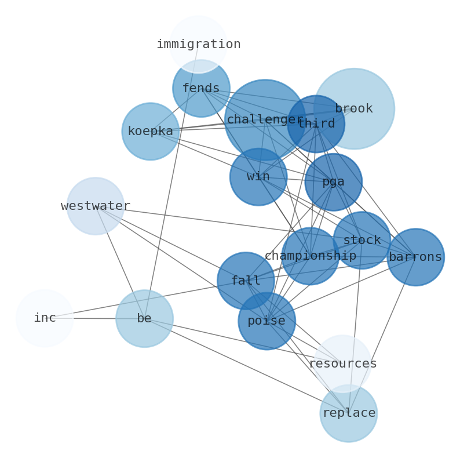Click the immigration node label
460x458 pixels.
[x=198, y=45]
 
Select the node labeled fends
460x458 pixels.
[x=201, y=89]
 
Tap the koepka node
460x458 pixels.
[x=150, y=132]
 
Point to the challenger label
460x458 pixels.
[x=265, y=120]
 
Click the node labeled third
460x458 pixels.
[x=316, y=124]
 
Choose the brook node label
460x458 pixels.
[x=354, y=109]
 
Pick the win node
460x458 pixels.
[x=258, y=177]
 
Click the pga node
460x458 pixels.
[x=333, y=182]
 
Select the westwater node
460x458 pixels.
[x=96, y=206]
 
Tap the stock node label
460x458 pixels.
[x=362, y=240]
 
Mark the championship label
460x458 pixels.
[x=311, y=256]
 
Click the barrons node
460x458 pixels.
[x=415, y=257]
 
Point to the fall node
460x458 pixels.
[x=246, y=281]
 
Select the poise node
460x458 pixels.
[x=266, y=321]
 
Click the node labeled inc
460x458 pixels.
[x=45, y=318]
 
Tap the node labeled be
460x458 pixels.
[x=144, y=318]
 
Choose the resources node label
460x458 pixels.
[x=342, y=364]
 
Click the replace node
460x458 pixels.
[x=349, y=413]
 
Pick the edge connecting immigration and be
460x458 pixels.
[x=171, y=180]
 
